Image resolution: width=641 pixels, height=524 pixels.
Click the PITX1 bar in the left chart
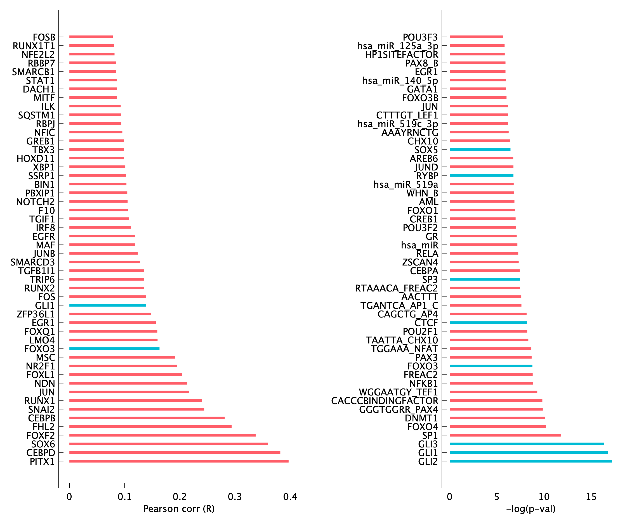(x=179, y=461)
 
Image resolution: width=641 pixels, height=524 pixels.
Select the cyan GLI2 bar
(x=531, y=461)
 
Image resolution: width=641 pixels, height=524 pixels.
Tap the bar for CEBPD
(x=175, y=452)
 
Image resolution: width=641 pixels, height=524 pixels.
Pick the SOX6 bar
(x=169, y=444)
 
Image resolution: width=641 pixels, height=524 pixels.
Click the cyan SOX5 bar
(x=480, y=150)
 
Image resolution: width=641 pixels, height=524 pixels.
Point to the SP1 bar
(x=505, y=435)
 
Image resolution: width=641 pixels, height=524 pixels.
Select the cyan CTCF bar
(x=488, y=323)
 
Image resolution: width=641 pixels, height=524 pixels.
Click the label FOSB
(x=44, y=37)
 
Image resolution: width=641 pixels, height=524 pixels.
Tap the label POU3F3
(x=420, y=37)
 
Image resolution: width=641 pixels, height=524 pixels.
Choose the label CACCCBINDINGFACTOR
(x=384, y=401)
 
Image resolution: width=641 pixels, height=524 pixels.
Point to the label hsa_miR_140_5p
(x=400, y=80)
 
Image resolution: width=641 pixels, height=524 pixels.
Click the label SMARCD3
(x=33, y=262)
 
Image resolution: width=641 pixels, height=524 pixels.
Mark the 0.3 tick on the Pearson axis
(x=235, y=497)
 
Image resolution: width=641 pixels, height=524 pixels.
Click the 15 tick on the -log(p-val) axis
(x=591, y=497)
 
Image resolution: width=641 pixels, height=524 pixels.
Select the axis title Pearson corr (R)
(x=179, y=509)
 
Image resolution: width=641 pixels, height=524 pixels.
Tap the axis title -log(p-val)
(x=531, y=509)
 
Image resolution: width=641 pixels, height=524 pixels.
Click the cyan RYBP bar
(x=481, y=176)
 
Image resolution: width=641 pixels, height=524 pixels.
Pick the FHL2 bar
(x=150, y=426)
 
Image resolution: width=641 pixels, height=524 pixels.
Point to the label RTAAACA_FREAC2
(x=396, y=288)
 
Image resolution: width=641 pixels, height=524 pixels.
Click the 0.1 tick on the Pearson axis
(x=124, y=497)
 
